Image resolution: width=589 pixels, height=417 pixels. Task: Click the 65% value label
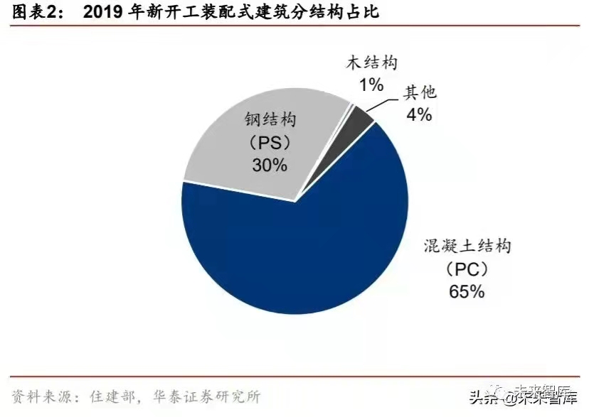click(466, 291)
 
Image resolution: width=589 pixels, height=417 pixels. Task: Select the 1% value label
click(371, 85)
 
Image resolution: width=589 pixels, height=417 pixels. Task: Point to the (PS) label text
click(267, 142)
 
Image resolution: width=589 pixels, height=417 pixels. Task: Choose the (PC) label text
click(465, 269)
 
